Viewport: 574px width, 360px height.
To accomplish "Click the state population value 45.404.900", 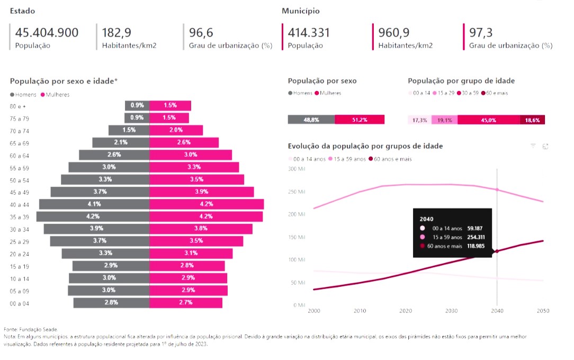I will pyautogui.click(x=47, y=33).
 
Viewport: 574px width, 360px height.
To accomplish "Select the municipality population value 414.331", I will pyautogui.click(x=309, y=33).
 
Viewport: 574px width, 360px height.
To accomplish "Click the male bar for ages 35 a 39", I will pyautogui.click(x=93, y=217).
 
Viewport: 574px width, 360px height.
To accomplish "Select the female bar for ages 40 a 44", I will pyautogui.click(x=207, y=204).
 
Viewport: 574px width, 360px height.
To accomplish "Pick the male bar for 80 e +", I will pyautogui.click(x=137, y=105).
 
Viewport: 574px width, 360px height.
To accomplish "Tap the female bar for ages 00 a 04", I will pyautogui.click(x=186, y=303).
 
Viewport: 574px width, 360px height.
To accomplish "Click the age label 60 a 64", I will pyautogui.click(x=20, y=155).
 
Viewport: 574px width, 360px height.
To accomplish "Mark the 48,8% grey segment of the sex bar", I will pyautogui.click(x=311, y=120).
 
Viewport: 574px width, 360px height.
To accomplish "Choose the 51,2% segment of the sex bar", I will pyautogui.click(x=360, y=120).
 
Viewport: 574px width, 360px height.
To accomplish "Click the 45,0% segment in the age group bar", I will pyautogui.click(x=488, y=120).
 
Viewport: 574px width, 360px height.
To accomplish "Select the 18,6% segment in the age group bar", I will pyautogui.click(x=532, y=120).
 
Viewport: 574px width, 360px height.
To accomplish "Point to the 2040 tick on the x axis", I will pyautogui.click(x=497, y=311).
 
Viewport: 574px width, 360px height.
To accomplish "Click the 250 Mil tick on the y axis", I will pyautogui.click(x=297, y=192).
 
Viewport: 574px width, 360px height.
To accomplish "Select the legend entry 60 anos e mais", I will pyautogui.click(x=393, y=159).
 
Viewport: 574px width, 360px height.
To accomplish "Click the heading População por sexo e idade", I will pyautogui.click(x=64, y=81).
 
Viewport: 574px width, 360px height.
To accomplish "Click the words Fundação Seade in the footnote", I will pyautogui.click(x=39, y=329).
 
